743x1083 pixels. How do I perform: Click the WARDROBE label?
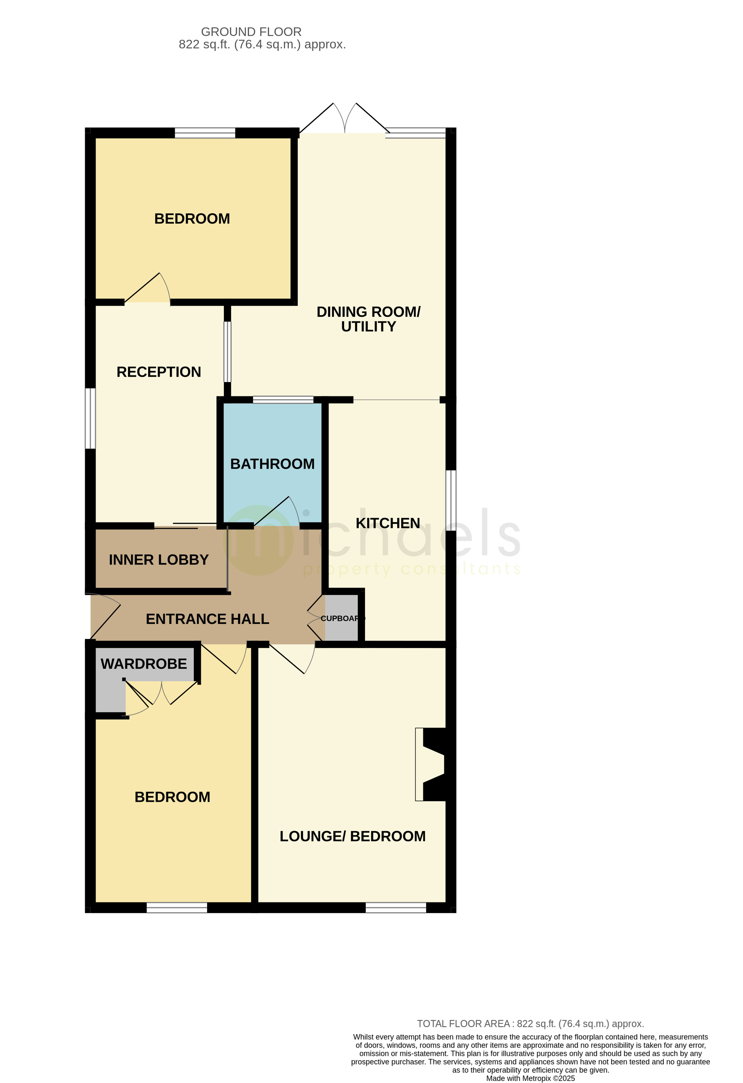[x=143, y=664]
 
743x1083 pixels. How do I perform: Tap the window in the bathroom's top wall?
[x=283, y=399]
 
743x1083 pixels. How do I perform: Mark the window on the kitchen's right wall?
[x=451, y=500]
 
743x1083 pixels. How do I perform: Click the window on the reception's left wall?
[x=90, y=418]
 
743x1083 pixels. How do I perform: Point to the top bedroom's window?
[x=205, y=133]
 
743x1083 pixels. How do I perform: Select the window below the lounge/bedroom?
[x=396, y=907]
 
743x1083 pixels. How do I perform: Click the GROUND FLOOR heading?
[x=251, y=32]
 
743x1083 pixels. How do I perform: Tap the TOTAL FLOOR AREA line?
[x=530, y=1024]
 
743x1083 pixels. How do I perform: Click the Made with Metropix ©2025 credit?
[x=531, y=1078]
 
